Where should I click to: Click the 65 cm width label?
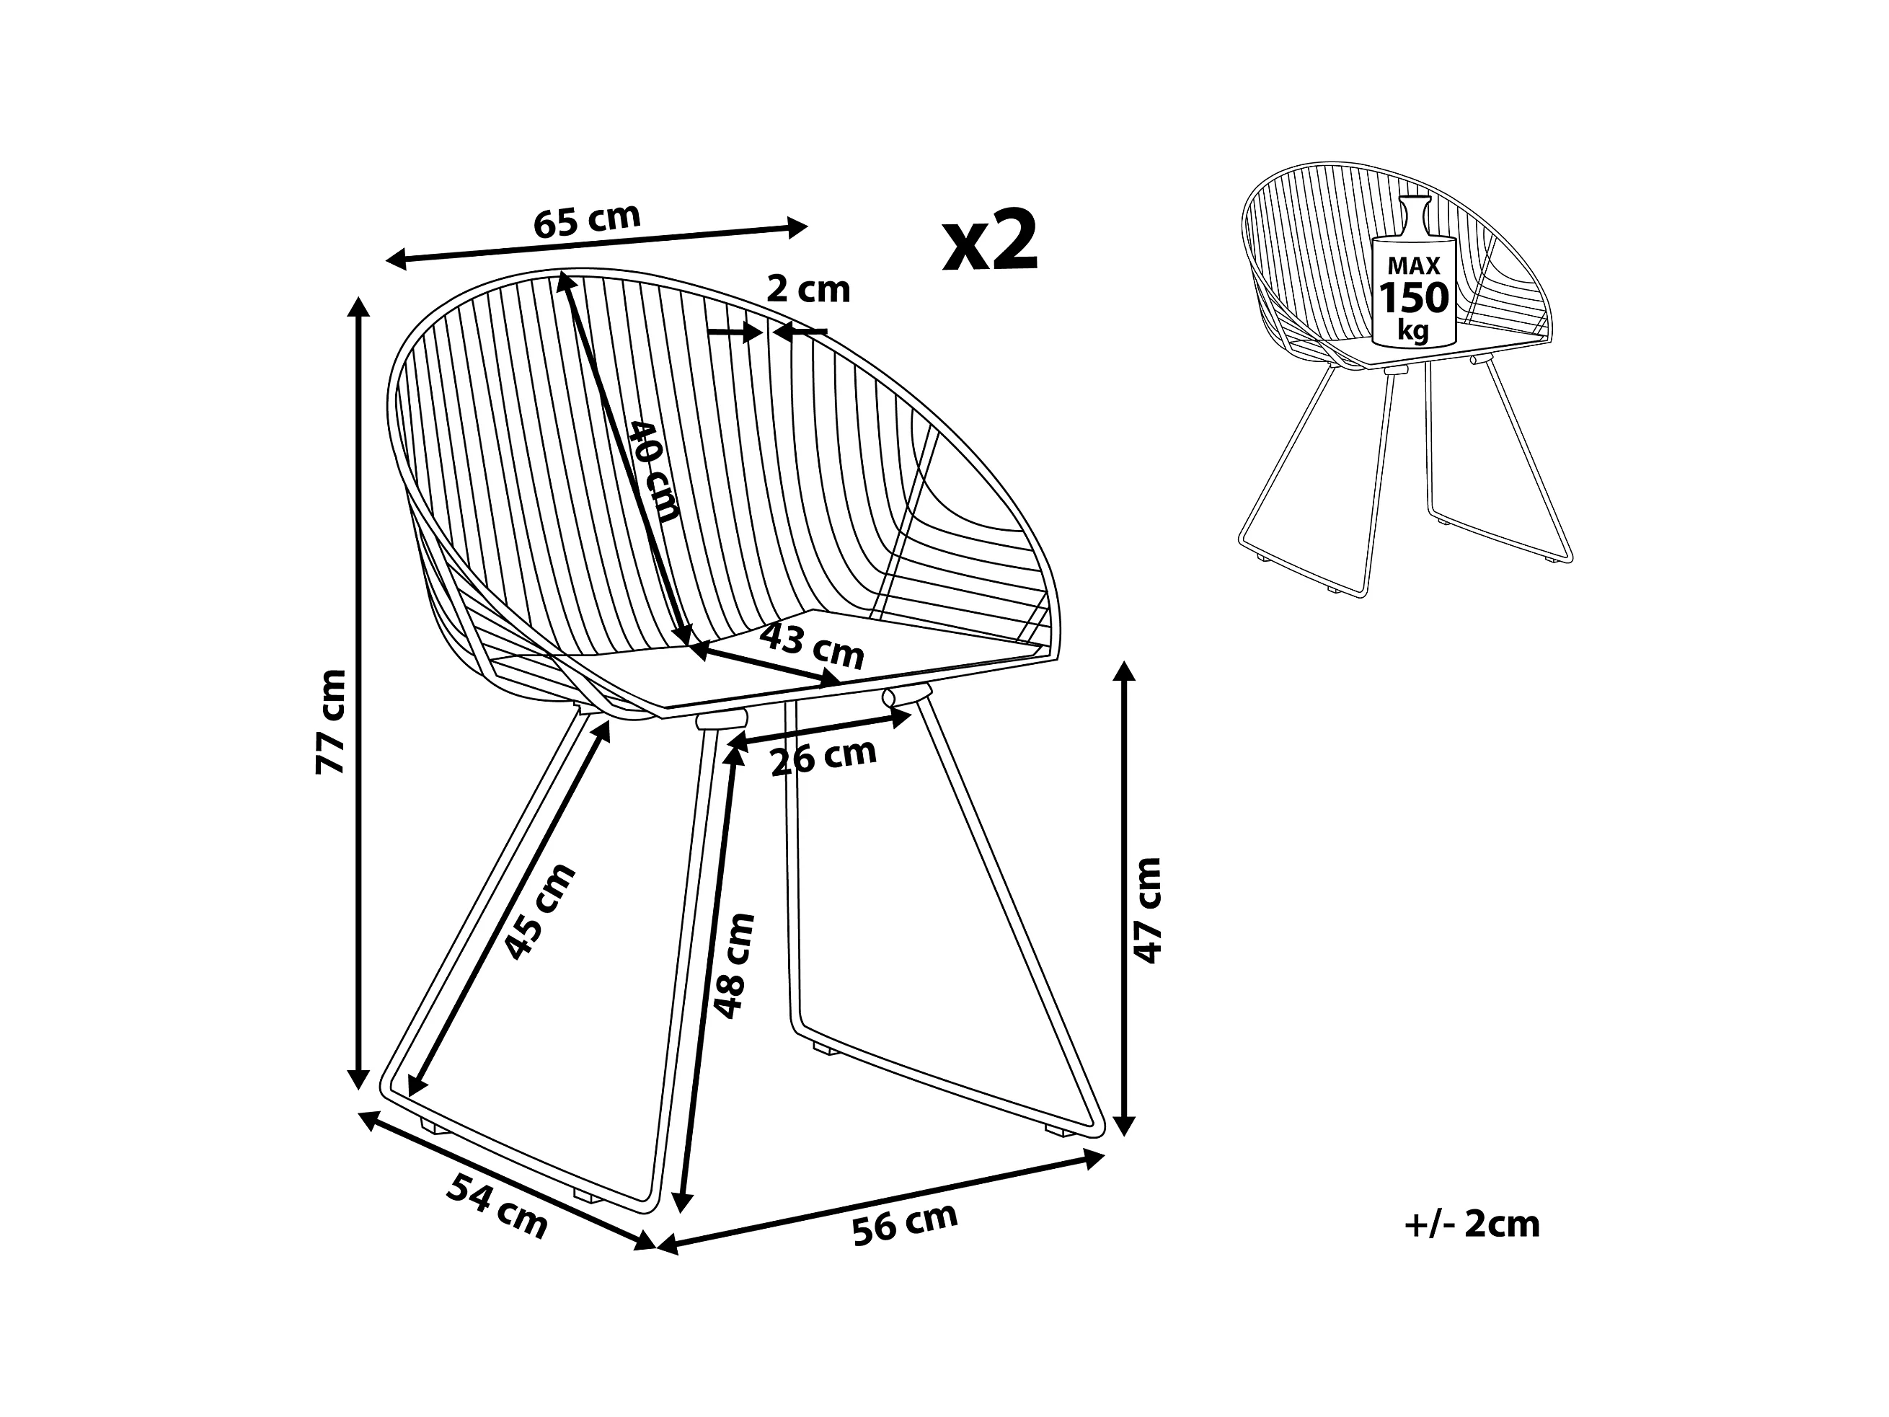pyautogui.click(x=587, y=219)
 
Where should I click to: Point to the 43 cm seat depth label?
pyautogui.click(x=811, y=645)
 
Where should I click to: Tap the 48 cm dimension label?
pyautogui.click(x=735, y=965)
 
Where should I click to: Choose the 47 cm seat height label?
pyautogui.click(x=1147, y=911)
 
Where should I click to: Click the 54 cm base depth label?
pyautogui.click(x=498, y=1206)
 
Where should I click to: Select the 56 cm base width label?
pyautogui.click(x=906, y=1223)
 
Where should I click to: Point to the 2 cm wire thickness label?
pyautogui.click(x=808, y=290)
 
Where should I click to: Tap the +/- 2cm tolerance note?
pyautogui.click(x=1472, y=1224)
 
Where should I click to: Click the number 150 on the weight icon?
pyautogui.click(x=1414, y=298)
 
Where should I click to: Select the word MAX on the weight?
pyautogui.click(x=1413, y=265)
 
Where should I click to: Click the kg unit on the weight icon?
pyautogui.click(x=1413, y=329)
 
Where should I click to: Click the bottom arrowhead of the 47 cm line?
pyautogui.click(x=1125, y=1126)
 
